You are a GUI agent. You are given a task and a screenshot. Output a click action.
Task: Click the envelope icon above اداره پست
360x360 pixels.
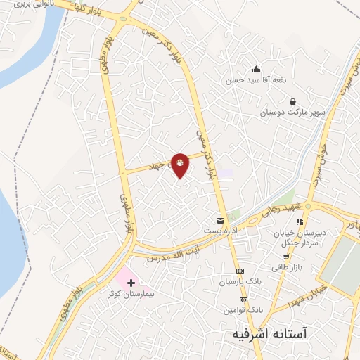(x=221, y=221)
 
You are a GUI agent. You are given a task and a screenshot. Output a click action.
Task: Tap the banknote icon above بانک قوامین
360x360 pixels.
(x=243, y=300)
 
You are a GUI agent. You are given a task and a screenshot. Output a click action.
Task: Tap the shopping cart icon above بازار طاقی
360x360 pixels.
(x=285, y=257)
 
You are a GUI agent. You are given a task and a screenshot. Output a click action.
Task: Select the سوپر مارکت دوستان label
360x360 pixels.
(x=293, y=112)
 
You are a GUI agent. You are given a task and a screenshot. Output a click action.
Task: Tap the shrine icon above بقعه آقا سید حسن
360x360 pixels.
(x=255, y=69)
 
